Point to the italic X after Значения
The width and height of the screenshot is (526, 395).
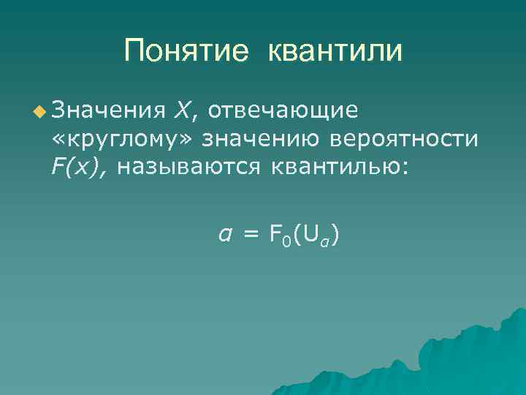pyautogui.click(x=183, y=110)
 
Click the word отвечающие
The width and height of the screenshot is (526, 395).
pyautogui.click(x=282, y=110)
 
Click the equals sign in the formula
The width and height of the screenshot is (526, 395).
pyautogui.click(x=251, y=234)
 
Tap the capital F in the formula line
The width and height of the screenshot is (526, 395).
pyautogui.click(x=276, y=234)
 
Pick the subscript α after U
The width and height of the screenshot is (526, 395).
pyautogui.click(x=323, y=240)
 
